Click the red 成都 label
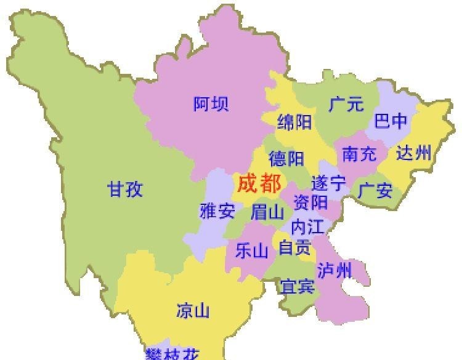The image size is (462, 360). pos(259,183)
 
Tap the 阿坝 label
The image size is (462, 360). pos(211,104)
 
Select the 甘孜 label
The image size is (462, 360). pos(126,189)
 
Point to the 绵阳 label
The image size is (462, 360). pos(294,122)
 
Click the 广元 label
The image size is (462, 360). pos(346,104)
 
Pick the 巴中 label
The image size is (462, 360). pos(391,122)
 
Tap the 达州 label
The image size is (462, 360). pos(414,153)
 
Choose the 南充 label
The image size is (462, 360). pos(359,154)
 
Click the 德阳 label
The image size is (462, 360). pos(286,159)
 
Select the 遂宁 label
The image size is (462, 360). pos(328,183)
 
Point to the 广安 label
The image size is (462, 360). pos(375,191)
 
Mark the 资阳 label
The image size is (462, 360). pos(310,202)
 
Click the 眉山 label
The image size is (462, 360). pos(267,213)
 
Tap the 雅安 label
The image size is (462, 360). pos(217,212)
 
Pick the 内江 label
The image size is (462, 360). pos(307,226)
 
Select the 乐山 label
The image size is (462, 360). pos(252,250)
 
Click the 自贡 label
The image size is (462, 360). pos(294,247)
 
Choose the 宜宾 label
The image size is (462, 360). pos(298,286)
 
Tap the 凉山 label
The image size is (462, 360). pos(193,310)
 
